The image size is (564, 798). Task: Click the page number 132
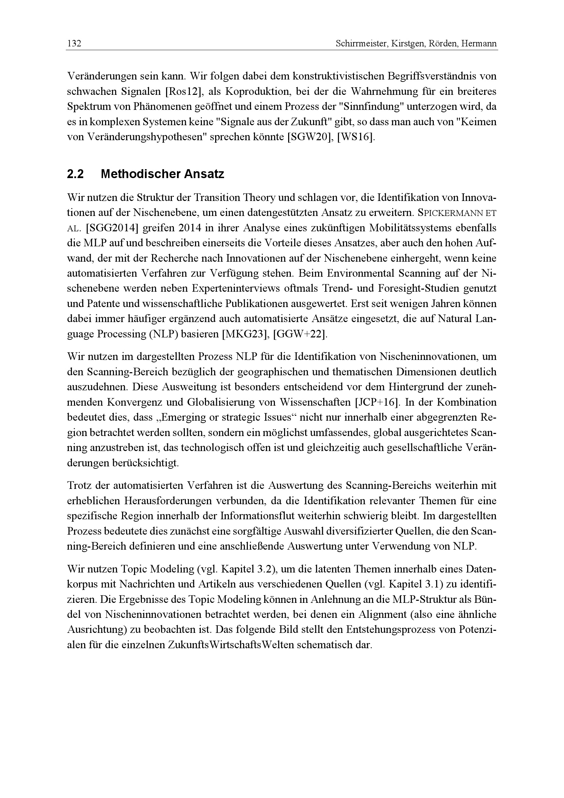74,44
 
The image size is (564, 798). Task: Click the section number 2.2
75,174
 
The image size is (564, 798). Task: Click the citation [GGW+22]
300,334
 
